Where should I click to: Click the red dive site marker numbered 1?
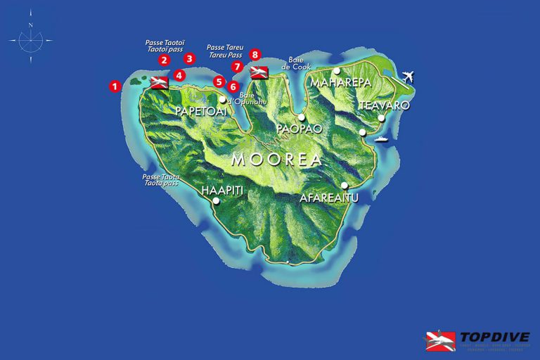click(115, 86)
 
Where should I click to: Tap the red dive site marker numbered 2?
click(164, 60)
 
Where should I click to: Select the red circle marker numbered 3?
click(189, 59)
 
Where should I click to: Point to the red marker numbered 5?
click(219, 82)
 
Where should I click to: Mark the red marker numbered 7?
click(237, 67)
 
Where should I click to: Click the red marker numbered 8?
click(255, 54)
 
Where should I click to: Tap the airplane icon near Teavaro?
click(406, 77)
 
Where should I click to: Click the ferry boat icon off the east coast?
click(382, 139)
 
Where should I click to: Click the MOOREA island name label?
click(276, 160)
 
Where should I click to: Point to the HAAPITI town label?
click(223, 191)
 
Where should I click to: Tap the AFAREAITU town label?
click(329, 198)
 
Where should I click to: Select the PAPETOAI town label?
click(201, 112)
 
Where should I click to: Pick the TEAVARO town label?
click(385, 105)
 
